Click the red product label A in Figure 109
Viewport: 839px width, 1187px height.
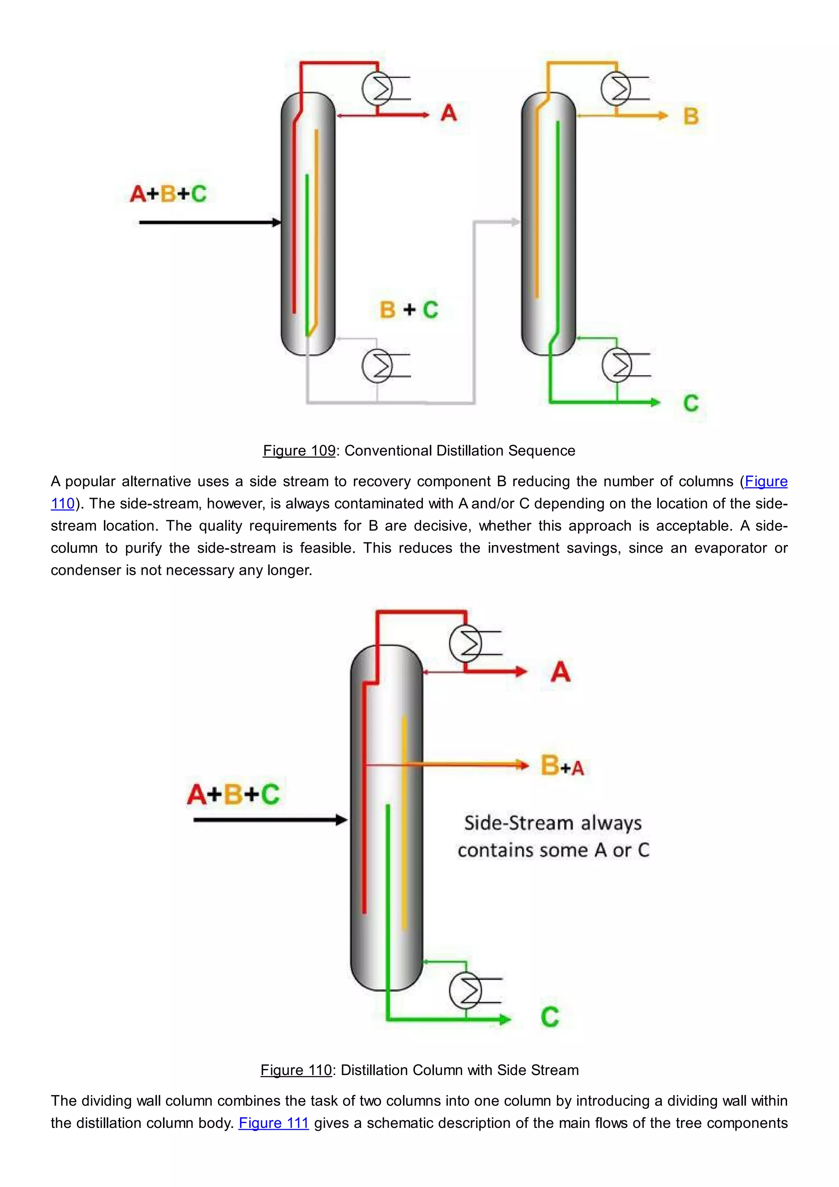point(449,113)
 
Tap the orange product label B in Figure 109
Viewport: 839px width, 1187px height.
point(691,116)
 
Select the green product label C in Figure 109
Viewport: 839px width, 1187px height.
point(691,403)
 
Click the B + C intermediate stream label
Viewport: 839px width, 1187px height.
point(409,310)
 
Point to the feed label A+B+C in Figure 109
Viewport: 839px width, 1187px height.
point(168,194)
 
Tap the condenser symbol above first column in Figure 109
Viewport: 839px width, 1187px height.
point(378,89)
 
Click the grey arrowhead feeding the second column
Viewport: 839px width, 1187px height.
point(516,222)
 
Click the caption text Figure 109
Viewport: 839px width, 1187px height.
point(299,451)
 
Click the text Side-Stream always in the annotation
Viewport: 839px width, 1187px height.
point(552,823)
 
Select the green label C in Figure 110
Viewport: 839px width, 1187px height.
point(550,1017)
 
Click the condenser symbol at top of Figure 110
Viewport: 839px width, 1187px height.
point(465,644)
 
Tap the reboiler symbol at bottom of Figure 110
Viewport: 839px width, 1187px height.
point(465,991)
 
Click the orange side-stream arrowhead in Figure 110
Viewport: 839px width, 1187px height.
point(523,764)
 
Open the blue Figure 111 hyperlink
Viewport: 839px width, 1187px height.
point(273,1123)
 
